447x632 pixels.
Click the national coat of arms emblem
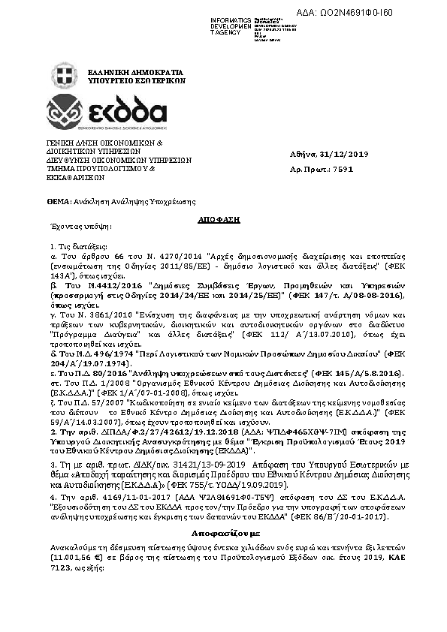[65, 76]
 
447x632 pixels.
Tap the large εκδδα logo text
[128, 113]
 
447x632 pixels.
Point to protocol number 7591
[343, 170]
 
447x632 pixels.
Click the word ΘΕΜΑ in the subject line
[56, 202]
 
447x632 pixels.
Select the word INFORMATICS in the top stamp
[231, 18]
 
